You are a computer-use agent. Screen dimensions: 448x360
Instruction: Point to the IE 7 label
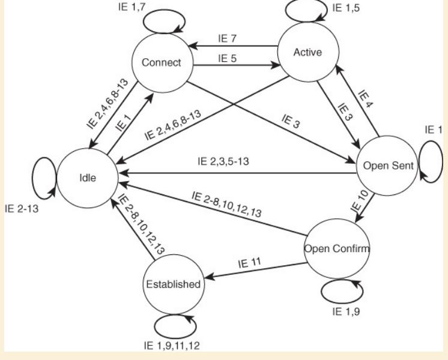pos(227,38)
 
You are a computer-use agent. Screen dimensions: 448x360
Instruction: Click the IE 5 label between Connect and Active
pos(227,58)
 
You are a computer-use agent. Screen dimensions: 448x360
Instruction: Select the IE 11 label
pos(249,263)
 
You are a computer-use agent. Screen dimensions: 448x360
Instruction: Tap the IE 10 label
pos(360,201)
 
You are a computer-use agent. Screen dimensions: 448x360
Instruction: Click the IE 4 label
pos(366,99)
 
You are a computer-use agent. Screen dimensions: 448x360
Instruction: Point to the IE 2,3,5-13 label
pos(223,161)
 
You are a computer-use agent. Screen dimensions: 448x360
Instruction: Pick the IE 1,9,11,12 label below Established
pos(172,346)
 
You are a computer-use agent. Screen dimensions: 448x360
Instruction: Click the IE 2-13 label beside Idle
pos(22,209)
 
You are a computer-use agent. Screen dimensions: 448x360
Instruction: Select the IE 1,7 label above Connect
pos(132,7)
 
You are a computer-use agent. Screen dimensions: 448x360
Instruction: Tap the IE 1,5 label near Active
pos(346,8)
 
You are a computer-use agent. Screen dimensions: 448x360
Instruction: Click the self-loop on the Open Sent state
pos(442,162)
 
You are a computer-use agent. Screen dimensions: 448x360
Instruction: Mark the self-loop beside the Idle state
pos(32,178)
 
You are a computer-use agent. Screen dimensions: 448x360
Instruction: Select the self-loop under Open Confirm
pos(342,303)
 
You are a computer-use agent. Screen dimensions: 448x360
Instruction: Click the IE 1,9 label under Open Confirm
pos(346,311)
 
